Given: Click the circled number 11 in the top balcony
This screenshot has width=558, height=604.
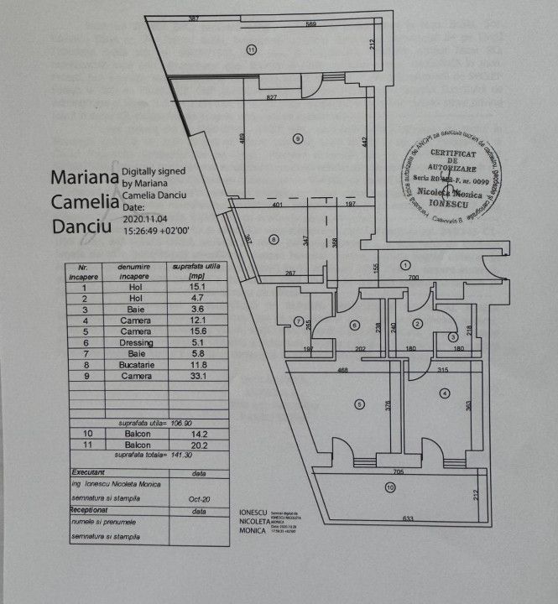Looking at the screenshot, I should click(x=251, y=49).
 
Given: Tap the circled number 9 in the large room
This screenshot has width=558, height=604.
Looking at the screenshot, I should click(x=297, y=138).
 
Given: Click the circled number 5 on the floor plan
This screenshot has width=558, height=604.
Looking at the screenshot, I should click(x=359, y=404).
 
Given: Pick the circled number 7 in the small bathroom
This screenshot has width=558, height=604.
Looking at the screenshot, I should click(x=299, y=320).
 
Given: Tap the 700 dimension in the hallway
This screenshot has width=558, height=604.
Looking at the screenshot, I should click(x=413, y=277).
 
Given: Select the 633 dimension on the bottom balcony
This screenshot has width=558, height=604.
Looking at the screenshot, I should click(x=408, y=518).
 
